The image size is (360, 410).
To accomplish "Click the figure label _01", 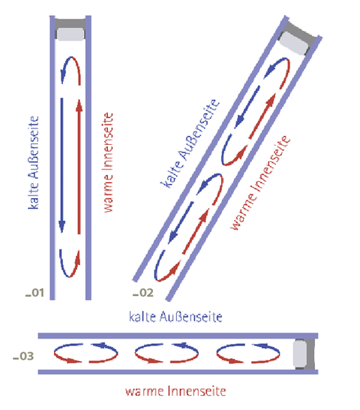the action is click(x=34, y=293).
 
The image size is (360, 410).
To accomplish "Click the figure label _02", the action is click(x=143, y=293).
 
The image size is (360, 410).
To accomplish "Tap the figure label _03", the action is click(x=23, y=356).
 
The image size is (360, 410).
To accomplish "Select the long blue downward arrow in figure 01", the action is click(x=62, y=165).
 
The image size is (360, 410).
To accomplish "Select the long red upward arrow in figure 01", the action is click(x=79, y=167).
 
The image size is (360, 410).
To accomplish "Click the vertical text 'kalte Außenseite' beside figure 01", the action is click(x=34, y=163).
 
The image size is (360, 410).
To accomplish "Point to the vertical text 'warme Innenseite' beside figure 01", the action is click(x=108, y=162).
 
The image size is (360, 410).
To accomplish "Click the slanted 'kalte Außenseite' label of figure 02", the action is click(x=190, y=143).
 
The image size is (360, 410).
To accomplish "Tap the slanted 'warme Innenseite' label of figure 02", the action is click(x=260, y=182).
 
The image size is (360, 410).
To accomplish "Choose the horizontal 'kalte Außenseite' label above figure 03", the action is click(x=175, y=317).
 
